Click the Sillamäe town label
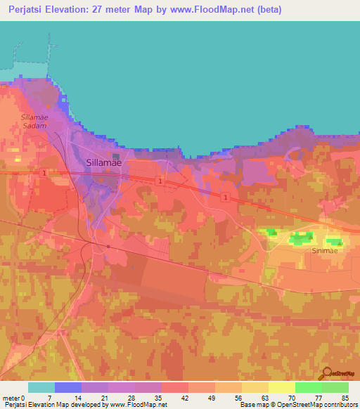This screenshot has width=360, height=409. click(103, 162)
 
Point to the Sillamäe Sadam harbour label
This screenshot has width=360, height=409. click(33, 121)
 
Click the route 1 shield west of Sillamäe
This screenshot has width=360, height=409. click(44, 172)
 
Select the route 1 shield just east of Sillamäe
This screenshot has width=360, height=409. click(161, 181)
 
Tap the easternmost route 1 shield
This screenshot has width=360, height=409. click(224, 197)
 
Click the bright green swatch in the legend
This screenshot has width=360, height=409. click(309, 387)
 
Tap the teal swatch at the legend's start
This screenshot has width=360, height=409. click(41, 387)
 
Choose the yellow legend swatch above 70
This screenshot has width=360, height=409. click(282, 387)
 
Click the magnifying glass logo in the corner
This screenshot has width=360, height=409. click(327, 374)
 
